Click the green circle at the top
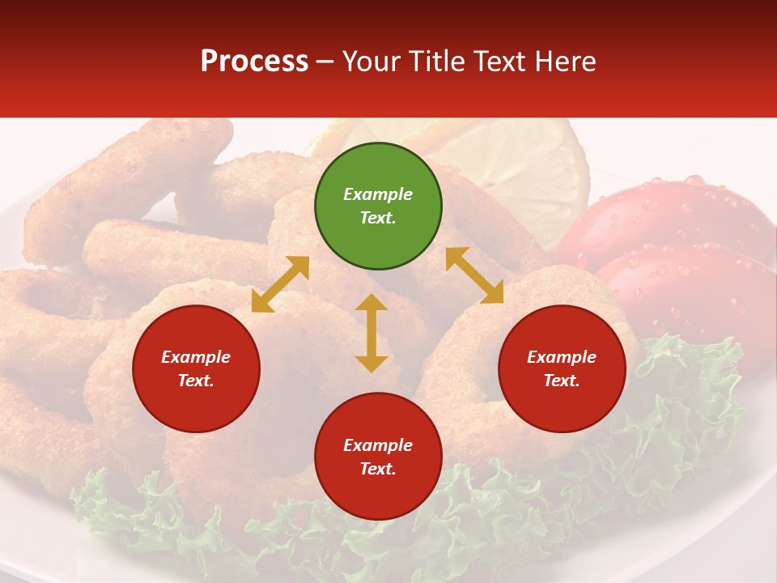click(x=378, y=206)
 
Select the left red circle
click(x=196, y=368)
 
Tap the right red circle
click(x=562, y=368)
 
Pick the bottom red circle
click(x=378, y=457)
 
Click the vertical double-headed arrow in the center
click(x=372, y=333)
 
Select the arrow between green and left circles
click(x=280, y=284)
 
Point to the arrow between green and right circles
click(x=474, y=275)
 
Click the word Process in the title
click(x=254, y=62)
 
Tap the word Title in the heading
click(x=438, y=62)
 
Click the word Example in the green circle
click(x=378, y=194)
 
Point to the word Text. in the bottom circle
click(x=378, y=469)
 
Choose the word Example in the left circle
click(x=196, y=357)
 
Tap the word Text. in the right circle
click(x=562, y=381)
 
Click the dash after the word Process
click(x=325, y=62)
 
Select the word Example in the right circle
click(x=562, y=357)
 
